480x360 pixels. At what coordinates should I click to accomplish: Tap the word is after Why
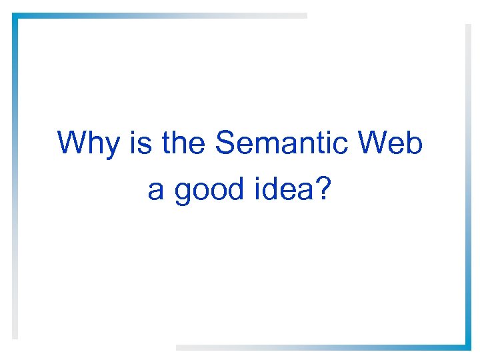pyautogui.click(x=141, y=143)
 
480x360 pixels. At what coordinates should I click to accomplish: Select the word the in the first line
pyautogui.click(x=185, y=143)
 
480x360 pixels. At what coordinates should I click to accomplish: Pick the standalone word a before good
pyautogui.click(x=155, y=191)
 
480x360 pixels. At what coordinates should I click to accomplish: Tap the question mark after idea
pyautogui.click(x=323, y=189)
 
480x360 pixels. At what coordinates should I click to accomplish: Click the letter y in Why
pyautogui.click(x=113, y=147)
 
